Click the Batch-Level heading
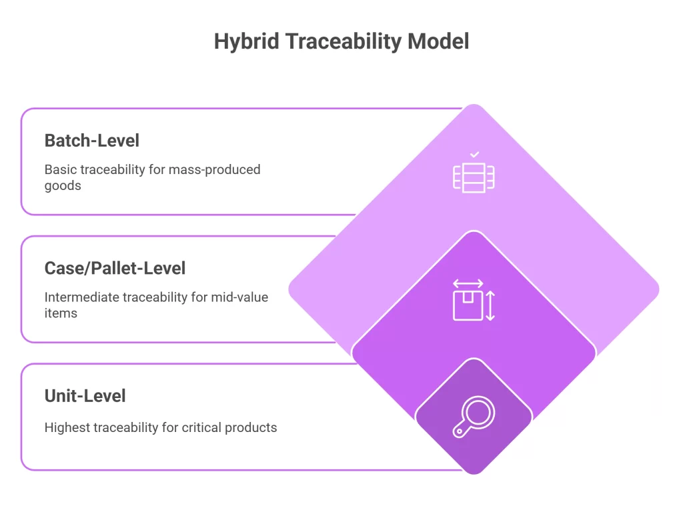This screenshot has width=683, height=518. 92,141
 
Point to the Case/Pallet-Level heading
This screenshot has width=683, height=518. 115,268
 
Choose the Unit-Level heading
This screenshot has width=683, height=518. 85,395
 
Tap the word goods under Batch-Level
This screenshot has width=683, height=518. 63,185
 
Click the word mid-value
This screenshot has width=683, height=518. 239,297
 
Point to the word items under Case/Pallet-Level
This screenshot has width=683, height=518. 61,313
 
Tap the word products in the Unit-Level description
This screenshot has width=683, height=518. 253,427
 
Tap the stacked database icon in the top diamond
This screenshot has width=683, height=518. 474,177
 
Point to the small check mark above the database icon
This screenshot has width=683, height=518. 474,155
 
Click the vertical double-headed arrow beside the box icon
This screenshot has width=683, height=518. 490,306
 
